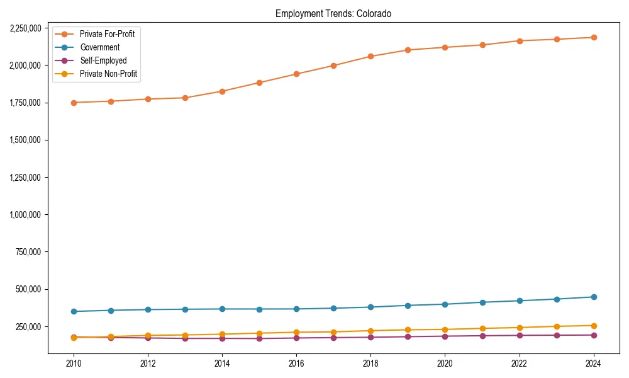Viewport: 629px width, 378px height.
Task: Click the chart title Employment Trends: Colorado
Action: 333,14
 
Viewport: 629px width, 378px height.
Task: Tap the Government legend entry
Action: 99,47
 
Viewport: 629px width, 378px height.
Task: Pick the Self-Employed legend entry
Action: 103,60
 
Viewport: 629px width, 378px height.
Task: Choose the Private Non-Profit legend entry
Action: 108,74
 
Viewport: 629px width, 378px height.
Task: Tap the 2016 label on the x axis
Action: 296,364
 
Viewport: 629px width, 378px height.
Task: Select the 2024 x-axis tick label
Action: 593,364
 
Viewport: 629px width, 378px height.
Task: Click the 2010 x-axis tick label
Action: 74,364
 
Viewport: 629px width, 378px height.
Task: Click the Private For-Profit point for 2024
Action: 593,37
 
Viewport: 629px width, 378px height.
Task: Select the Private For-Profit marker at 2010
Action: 74,103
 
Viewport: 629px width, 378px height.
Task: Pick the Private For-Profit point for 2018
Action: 370,56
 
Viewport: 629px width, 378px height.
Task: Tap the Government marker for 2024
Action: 593,297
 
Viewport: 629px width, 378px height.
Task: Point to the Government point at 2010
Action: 74,311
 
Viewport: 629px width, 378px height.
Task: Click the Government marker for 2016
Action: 296,309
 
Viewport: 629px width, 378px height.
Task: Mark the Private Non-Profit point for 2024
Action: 593,326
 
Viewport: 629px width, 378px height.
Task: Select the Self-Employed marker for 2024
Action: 593,335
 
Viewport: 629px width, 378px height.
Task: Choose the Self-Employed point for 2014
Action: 222,338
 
